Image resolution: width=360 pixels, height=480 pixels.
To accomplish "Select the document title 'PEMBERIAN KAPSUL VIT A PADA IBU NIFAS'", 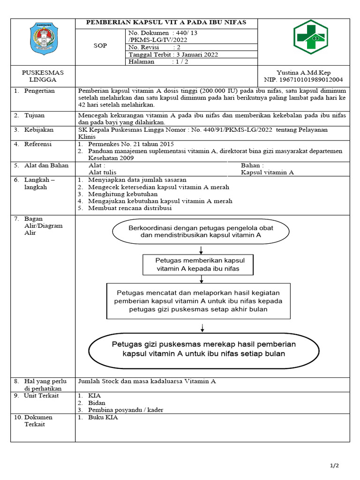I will point(167,22).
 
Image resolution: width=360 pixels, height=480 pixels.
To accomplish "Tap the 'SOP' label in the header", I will point(100,46).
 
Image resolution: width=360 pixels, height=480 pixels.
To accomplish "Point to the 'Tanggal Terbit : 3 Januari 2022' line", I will point(173,54).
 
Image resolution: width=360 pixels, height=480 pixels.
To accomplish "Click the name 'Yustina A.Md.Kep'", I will point(303,73).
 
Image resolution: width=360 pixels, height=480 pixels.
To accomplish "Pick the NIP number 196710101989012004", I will point(310,80).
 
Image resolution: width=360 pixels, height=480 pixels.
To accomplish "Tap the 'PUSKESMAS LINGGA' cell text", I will point(43,76).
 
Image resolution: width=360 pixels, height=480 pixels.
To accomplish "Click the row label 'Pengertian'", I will point(40,91).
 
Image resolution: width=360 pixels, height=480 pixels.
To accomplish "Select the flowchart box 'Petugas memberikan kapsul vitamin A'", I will point(198,264).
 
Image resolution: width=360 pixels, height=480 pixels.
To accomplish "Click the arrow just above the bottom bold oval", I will point(202,327).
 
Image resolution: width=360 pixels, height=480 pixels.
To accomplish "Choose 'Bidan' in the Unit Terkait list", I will point(97,403).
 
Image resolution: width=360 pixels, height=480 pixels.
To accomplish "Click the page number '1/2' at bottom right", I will point(334,465).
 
